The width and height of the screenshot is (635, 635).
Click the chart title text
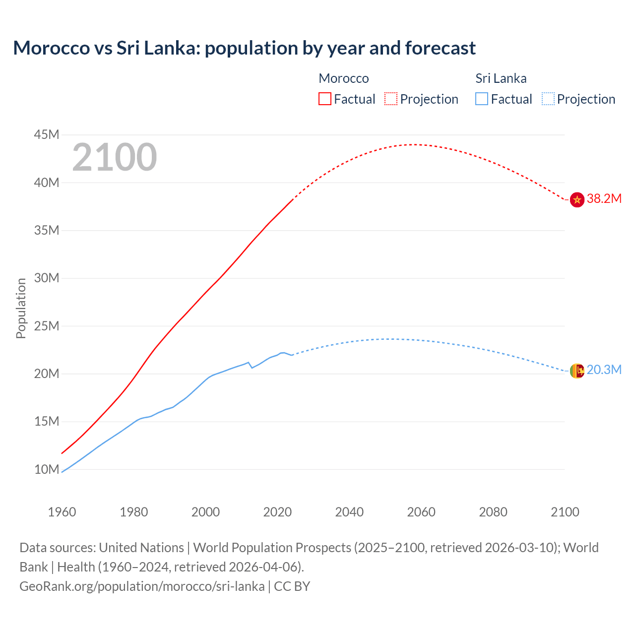[x=244, y=48]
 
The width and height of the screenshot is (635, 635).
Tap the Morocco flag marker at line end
[x=577, y=199]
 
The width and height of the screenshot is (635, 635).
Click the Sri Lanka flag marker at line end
[x=577, y=371]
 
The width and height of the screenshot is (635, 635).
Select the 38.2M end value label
[x=604, y=199]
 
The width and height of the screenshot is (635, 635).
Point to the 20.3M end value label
[x=604, y=370]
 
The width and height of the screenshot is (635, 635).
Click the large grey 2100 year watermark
[x=115, y=157]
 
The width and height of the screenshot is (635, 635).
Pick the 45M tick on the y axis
[x=47, y=135]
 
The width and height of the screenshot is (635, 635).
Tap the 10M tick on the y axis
[x=47, y=469]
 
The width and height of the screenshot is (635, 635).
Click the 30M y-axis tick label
[x=47, y=278]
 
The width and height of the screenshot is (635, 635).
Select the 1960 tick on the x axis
[x=62, y=512]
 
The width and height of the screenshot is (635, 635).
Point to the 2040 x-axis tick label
[x=349, y=512]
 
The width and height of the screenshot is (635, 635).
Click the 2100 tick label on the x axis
[x=565, y=512]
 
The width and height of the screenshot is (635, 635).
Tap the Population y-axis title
[x=21, y=308]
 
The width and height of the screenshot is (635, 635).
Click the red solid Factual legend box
[x=325, y=99]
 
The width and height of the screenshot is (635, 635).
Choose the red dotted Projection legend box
[x=391, y=99]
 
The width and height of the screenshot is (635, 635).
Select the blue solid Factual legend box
[x=482, y=99]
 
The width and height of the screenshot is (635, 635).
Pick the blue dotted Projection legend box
[x=548, y=99]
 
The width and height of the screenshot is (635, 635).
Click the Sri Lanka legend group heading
[x=501, y=78]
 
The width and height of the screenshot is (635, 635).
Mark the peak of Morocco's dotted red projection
[x=414, y=144]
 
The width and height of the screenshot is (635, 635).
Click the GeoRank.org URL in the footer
[x=142, y=586]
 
